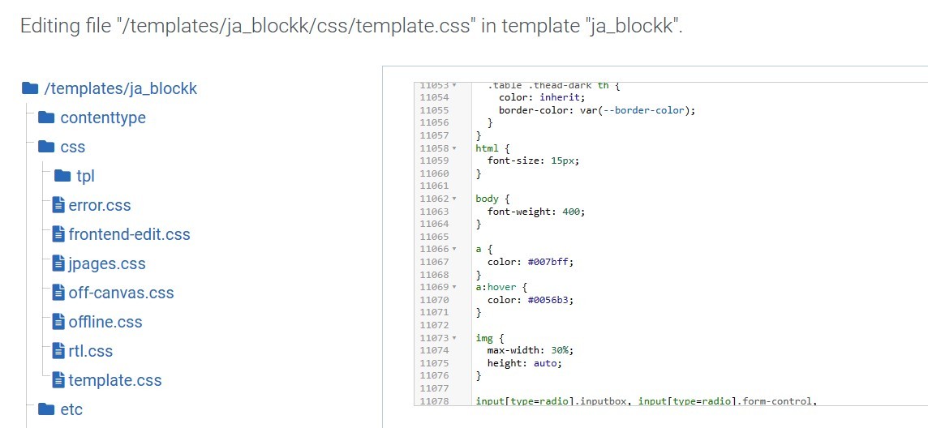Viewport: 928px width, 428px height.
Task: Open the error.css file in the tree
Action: coord(100,205)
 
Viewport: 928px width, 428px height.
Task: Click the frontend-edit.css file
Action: coord(129,234)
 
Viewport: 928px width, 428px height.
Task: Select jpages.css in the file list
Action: coord(106,263)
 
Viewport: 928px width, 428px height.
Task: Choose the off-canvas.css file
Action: coord(121,293)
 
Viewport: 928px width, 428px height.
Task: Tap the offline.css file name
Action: coord(105,322)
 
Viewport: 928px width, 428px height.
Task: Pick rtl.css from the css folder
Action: coord(90,351)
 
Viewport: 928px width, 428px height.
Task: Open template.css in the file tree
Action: coord(115,380)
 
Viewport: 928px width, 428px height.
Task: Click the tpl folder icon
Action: coord(62,176)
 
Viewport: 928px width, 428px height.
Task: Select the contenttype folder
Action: coord(103,118)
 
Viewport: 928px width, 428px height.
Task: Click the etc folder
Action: coord(71,409)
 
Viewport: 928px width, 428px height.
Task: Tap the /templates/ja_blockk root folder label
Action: coord(121,88)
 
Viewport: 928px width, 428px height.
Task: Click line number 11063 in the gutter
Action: coord(434,211)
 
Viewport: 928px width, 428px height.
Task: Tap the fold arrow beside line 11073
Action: coord(454,338)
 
